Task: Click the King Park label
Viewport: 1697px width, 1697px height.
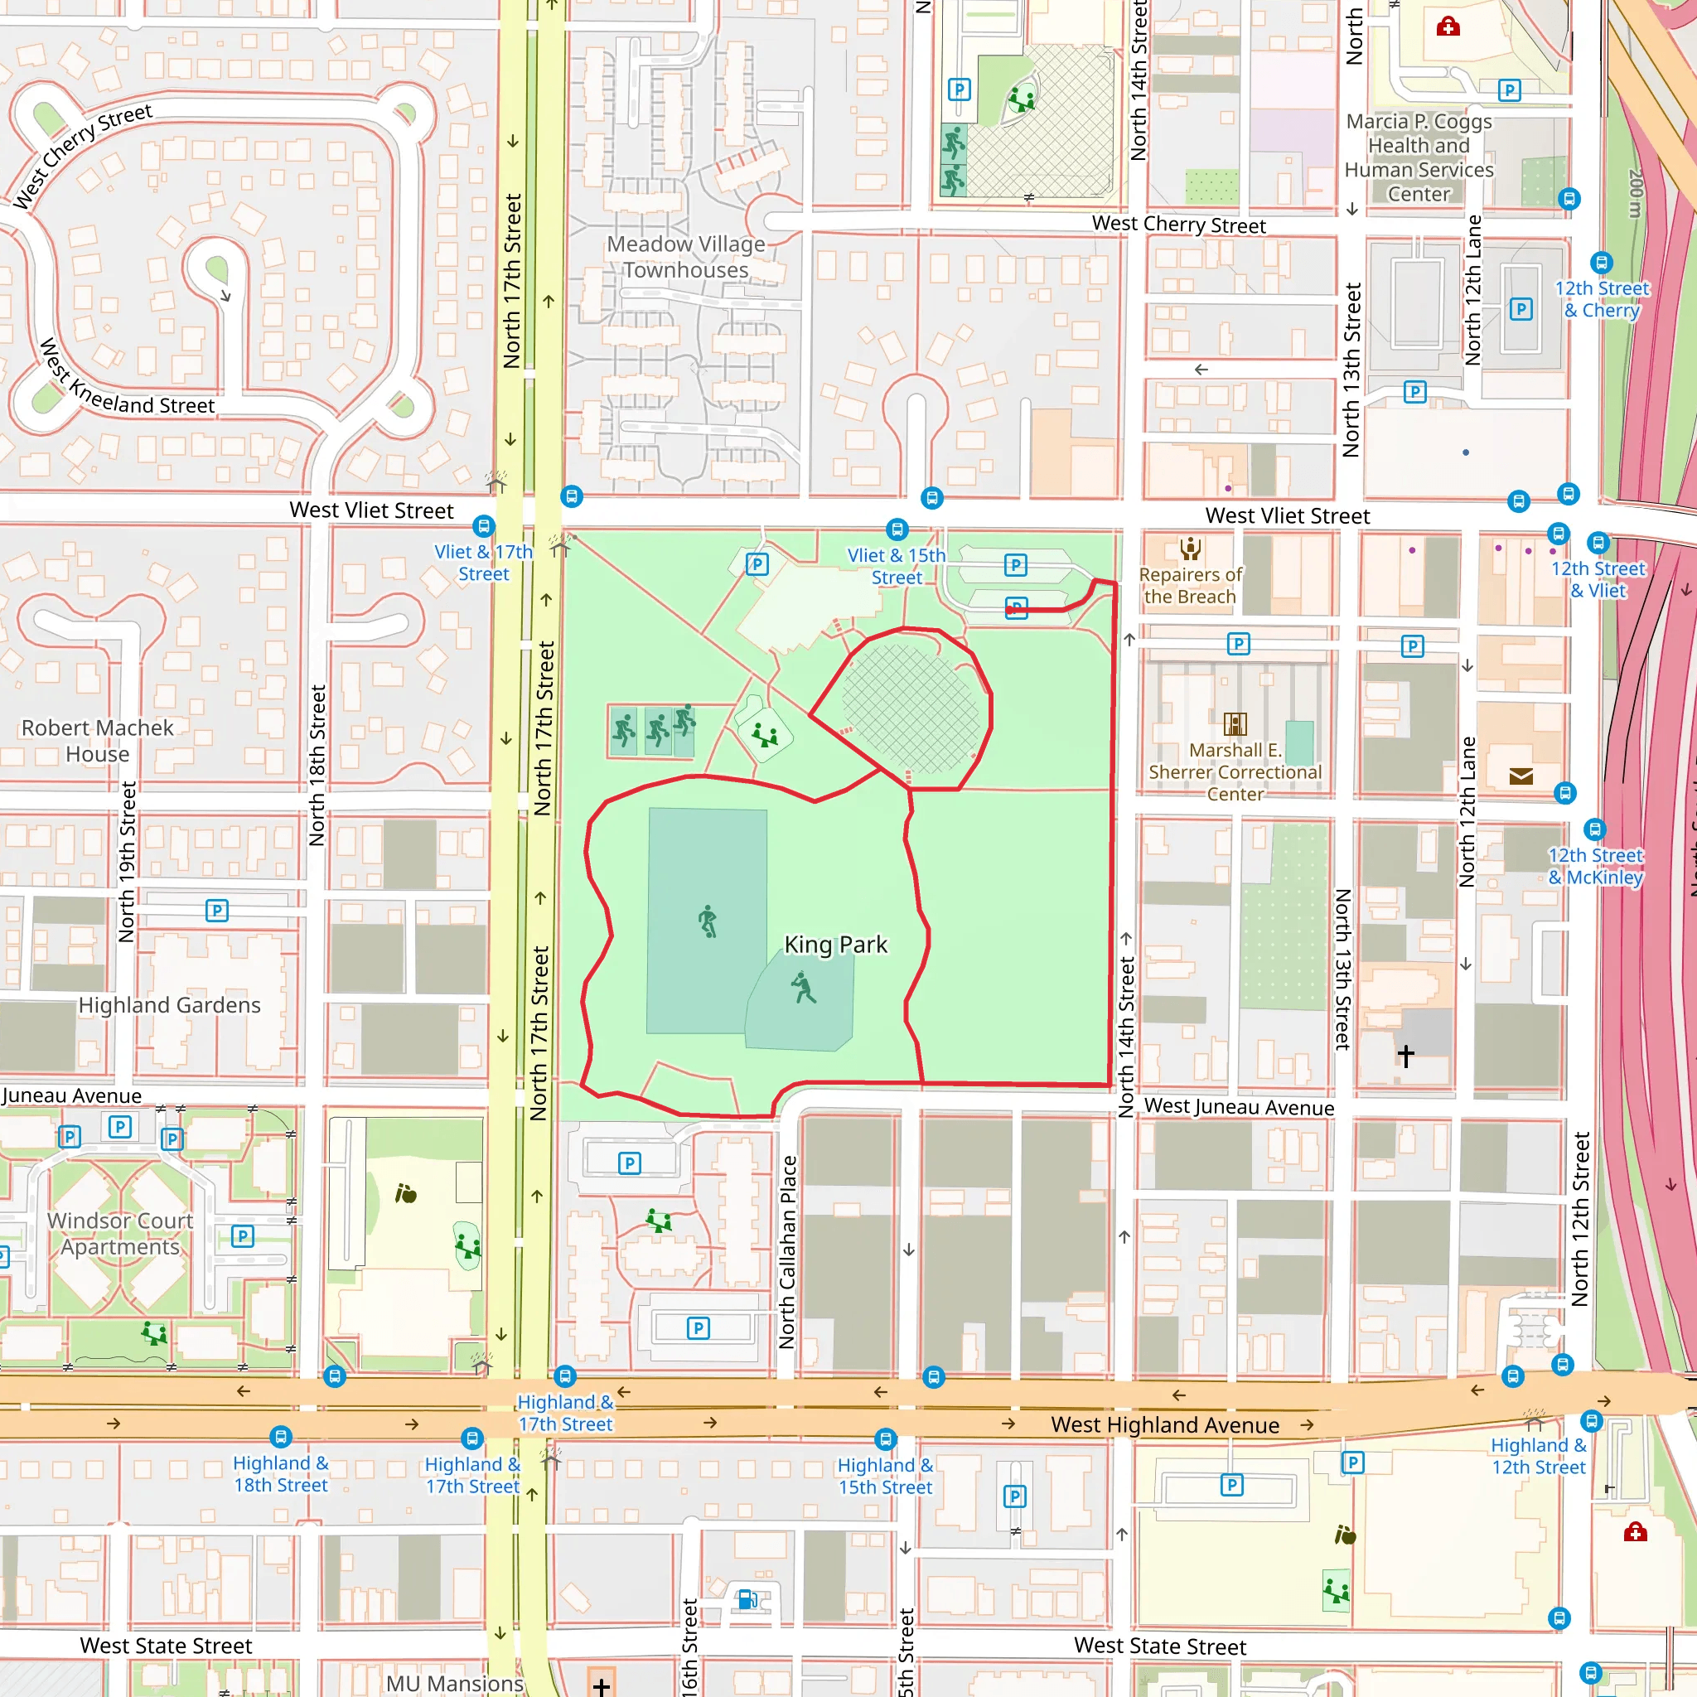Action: [x=835, y=945]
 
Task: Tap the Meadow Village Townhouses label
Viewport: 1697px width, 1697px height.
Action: [x=686, y=257]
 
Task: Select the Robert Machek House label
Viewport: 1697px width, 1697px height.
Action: [x=98, y=741]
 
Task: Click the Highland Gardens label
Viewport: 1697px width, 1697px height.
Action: [x=170, y=1005]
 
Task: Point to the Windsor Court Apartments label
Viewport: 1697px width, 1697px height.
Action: [x=120, y=1233]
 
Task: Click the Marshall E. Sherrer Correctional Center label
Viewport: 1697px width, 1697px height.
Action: [x=1235, y=771]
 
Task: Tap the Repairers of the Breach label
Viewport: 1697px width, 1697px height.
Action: [x=1190, y=585]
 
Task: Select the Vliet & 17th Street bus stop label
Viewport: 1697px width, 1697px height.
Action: [x=483, y=562]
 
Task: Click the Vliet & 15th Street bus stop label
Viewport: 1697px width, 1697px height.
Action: [x=896, y=566]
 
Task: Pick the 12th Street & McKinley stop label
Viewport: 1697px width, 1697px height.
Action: [x=1595, y=866]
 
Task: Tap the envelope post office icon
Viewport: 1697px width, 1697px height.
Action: [x=1521, y=776]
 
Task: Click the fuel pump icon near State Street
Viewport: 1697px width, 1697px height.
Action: [x=747, y=1599]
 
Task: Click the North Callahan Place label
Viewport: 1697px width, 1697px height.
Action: [x=788, y=1252]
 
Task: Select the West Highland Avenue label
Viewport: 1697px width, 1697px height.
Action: [x=1165, y=1424]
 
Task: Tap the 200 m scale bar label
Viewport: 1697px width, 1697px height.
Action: [x=1635, y=193]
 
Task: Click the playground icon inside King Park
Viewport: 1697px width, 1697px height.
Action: [x=765, y=733]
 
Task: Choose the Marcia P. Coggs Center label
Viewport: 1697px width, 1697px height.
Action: [x=1419, y=158]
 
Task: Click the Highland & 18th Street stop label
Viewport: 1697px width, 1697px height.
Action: [x=280, y=1474]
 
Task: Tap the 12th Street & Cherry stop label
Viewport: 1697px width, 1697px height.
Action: [x=1603, y=298]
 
